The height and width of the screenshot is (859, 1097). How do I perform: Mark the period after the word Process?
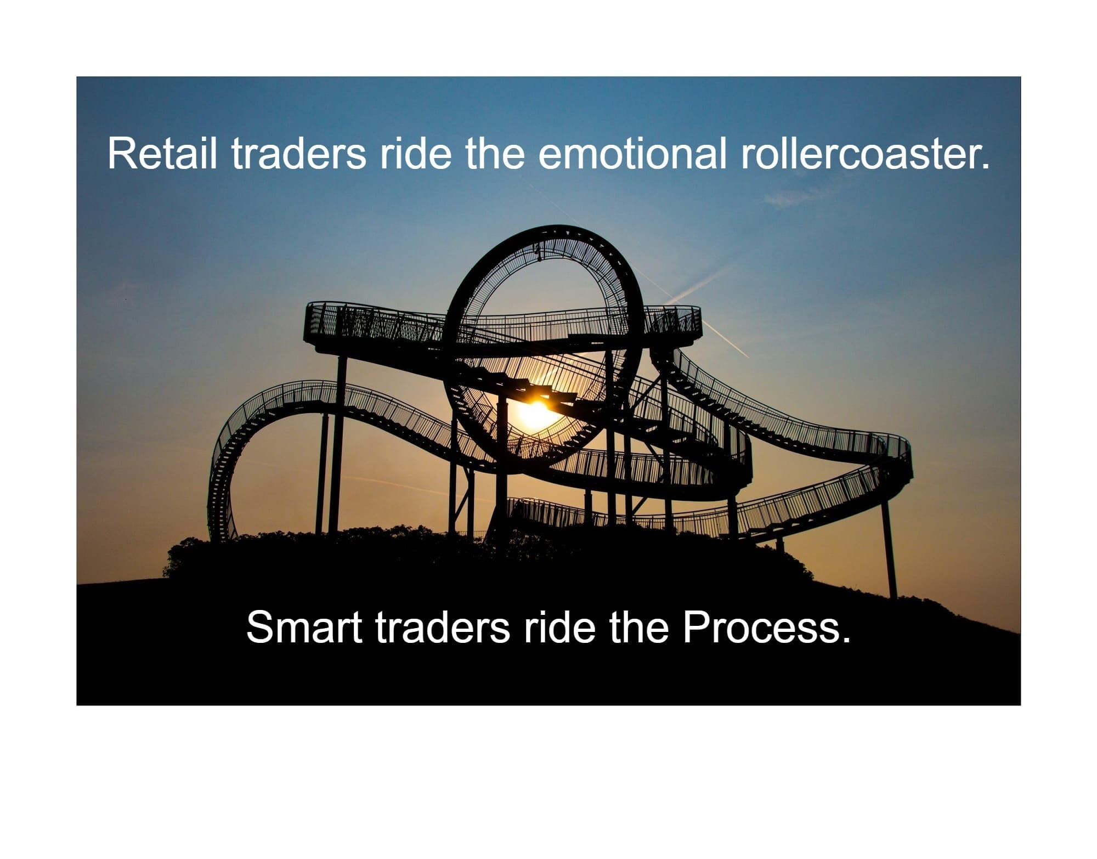tap(845, 640)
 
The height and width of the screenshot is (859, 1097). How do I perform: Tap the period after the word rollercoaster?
tap(985, 166)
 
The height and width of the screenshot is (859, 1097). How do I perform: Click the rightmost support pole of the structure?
tap(889, 549)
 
